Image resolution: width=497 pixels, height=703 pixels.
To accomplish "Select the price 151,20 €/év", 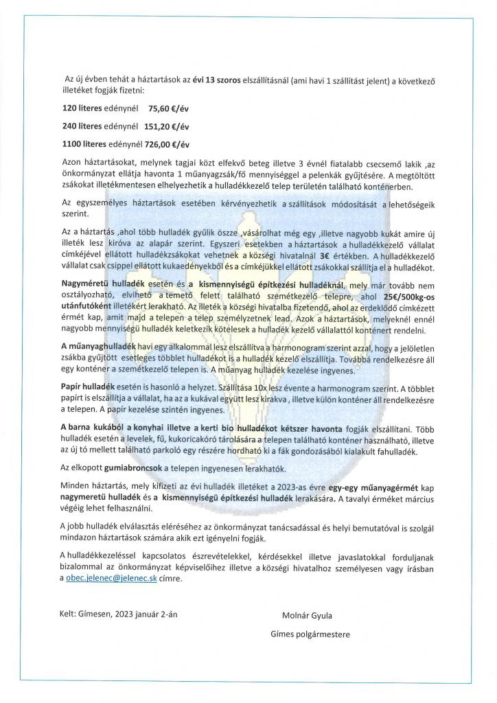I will (167, 126).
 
